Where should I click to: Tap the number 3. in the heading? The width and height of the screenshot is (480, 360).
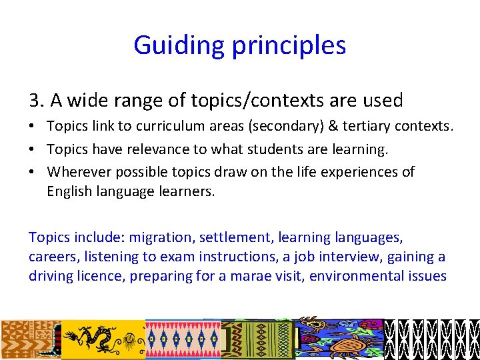(37, 101)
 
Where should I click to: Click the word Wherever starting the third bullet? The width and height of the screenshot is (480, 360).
(79, 172)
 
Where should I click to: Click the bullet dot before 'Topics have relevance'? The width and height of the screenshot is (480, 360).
(33, 149)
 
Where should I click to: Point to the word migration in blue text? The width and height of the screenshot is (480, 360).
(156, 237)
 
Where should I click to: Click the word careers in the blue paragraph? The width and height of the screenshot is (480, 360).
(51, 257)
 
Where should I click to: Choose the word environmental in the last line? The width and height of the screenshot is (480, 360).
(352, 276)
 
